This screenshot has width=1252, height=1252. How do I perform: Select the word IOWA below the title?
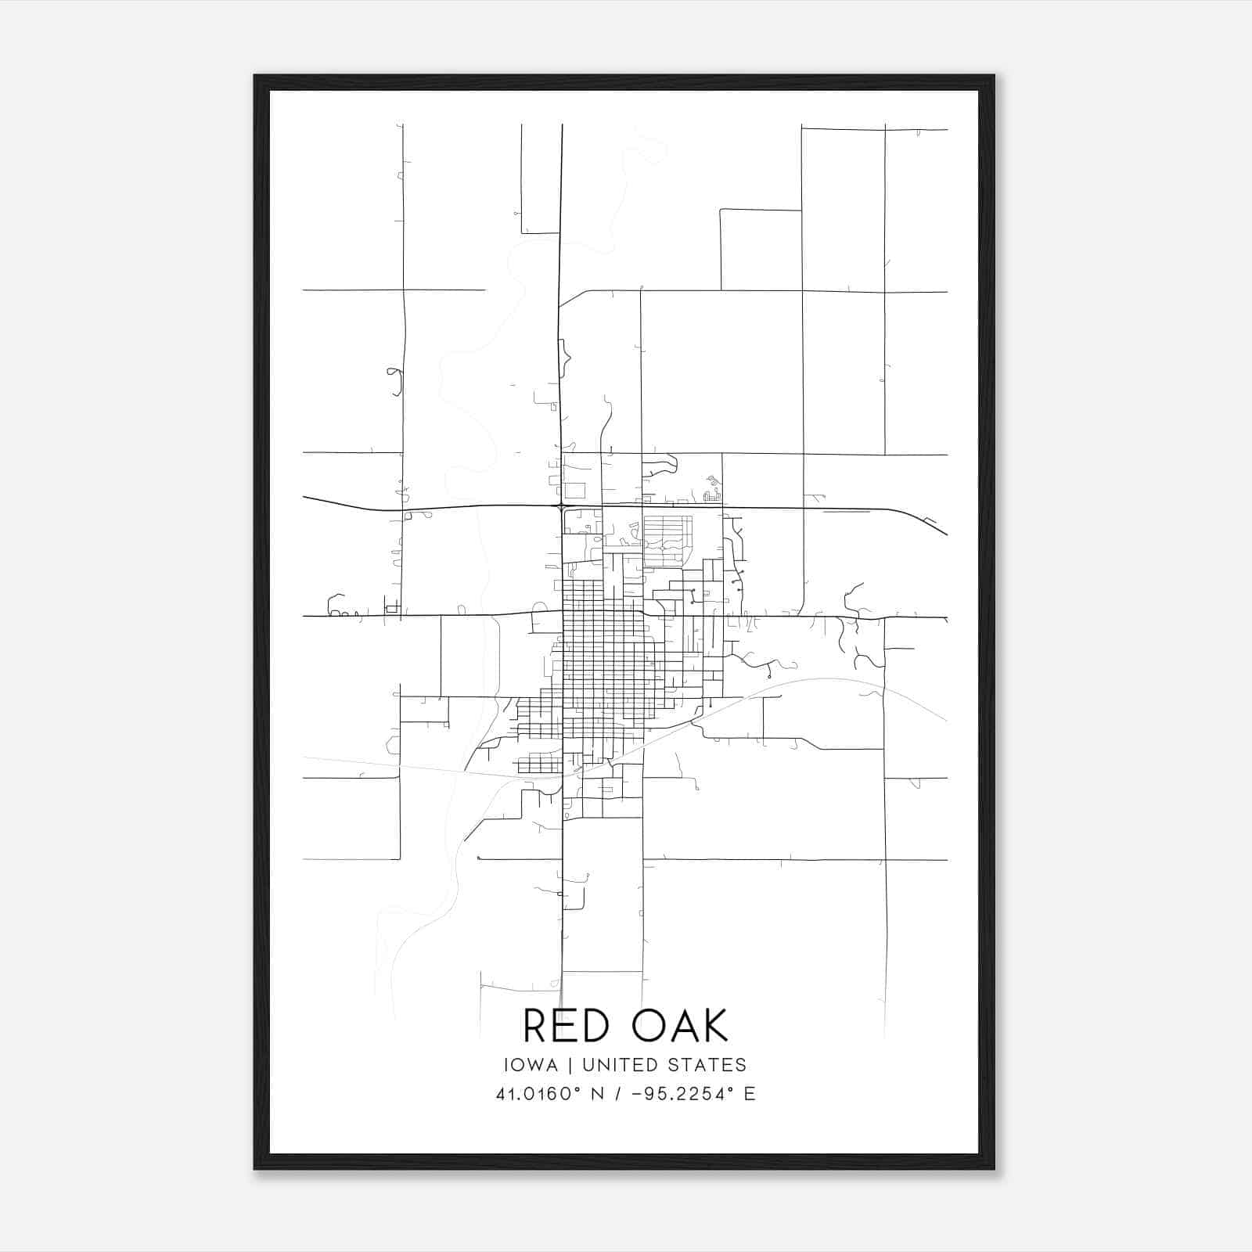click(x=531, y=1065)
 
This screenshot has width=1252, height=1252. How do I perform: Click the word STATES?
click(x=707, y=1065)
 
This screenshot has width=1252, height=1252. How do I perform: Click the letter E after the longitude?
click(x=750, y=1095)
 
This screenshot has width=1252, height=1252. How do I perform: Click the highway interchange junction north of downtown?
click(x=562, y=507)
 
